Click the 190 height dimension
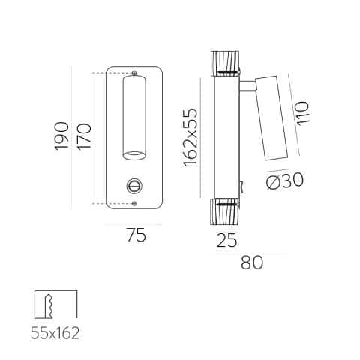(61, 136)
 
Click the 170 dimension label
(84, 136)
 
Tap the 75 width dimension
(136, 235)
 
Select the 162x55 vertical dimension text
(190, 137)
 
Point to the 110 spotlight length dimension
(303, 113)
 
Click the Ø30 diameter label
(285, 181)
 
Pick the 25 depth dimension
(226, 240)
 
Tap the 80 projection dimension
(252, 262)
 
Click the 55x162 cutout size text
(55, 333)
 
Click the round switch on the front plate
(134, 186)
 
